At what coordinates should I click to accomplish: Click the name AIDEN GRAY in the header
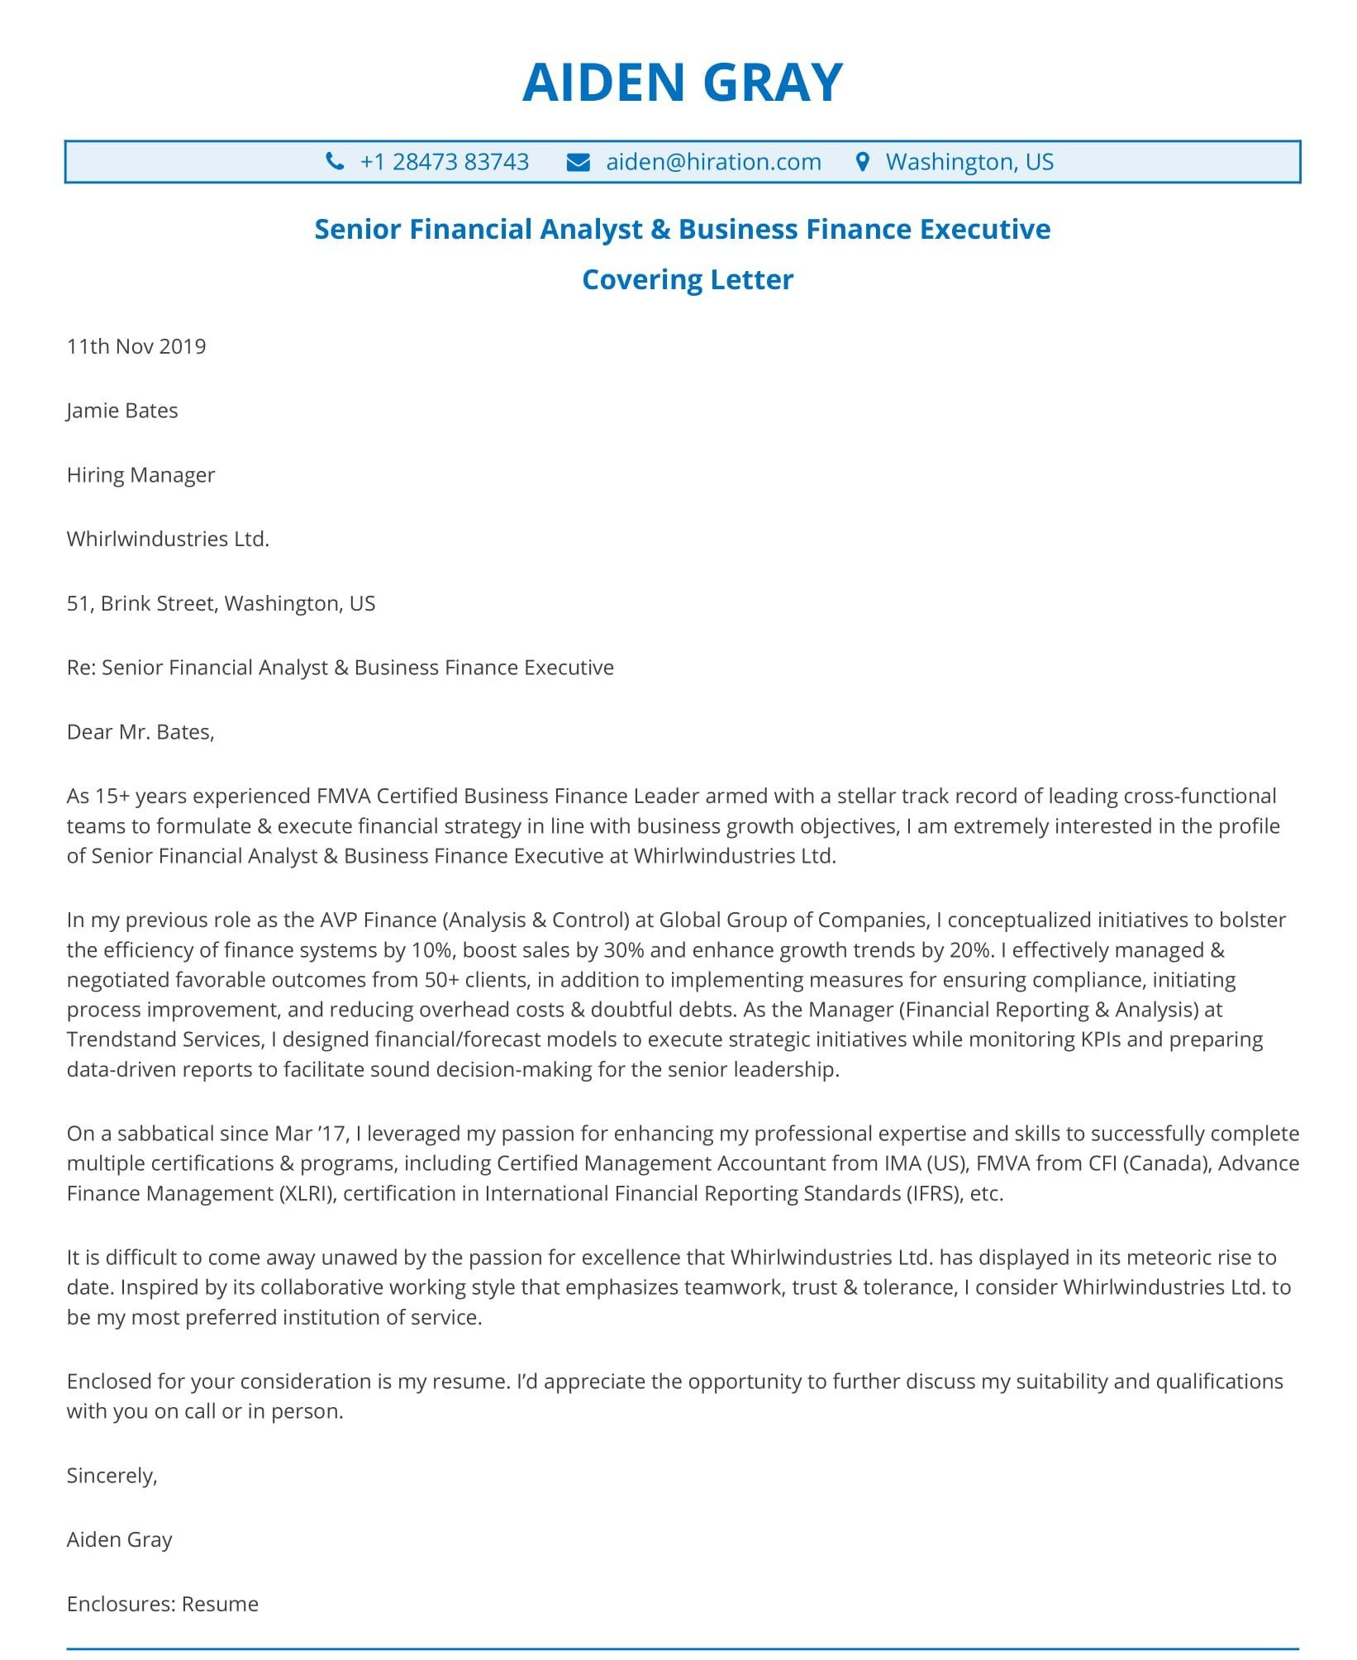(682, 83)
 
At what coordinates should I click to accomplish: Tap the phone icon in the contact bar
(335, 161)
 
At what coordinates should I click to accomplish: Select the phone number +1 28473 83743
(444, 162)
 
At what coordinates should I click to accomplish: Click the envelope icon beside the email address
(578, 162)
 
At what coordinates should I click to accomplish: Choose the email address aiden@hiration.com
(713, 162)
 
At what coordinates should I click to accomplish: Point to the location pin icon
(863, 161)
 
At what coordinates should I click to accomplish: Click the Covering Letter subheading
(687, 279)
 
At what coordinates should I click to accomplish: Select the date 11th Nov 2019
(136, 346)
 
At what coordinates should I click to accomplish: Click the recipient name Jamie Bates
(122, 411)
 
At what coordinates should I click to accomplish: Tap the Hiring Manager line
(140, 475)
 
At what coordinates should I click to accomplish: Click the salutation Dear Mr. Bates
(140, 732)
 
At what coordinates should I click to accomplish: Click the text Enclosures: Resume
(163, 1604)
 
